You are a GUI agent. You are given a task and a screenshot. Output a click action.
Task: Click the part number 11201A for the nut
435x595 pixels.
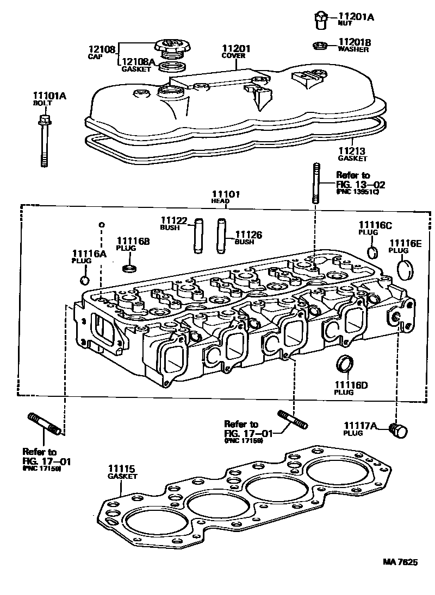click(x=356, y=17)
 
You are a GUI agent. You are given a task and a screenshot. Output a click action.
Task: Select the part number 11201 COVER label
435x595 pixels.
click(x=235, y=49)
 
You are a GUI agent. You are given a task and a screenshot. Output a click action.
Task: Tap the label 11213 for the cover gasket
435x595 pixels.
click(x=351, y=151)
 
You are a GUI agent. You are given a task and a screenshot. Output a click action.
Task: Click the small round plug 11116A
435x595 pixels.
click(x=84, y=280)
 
